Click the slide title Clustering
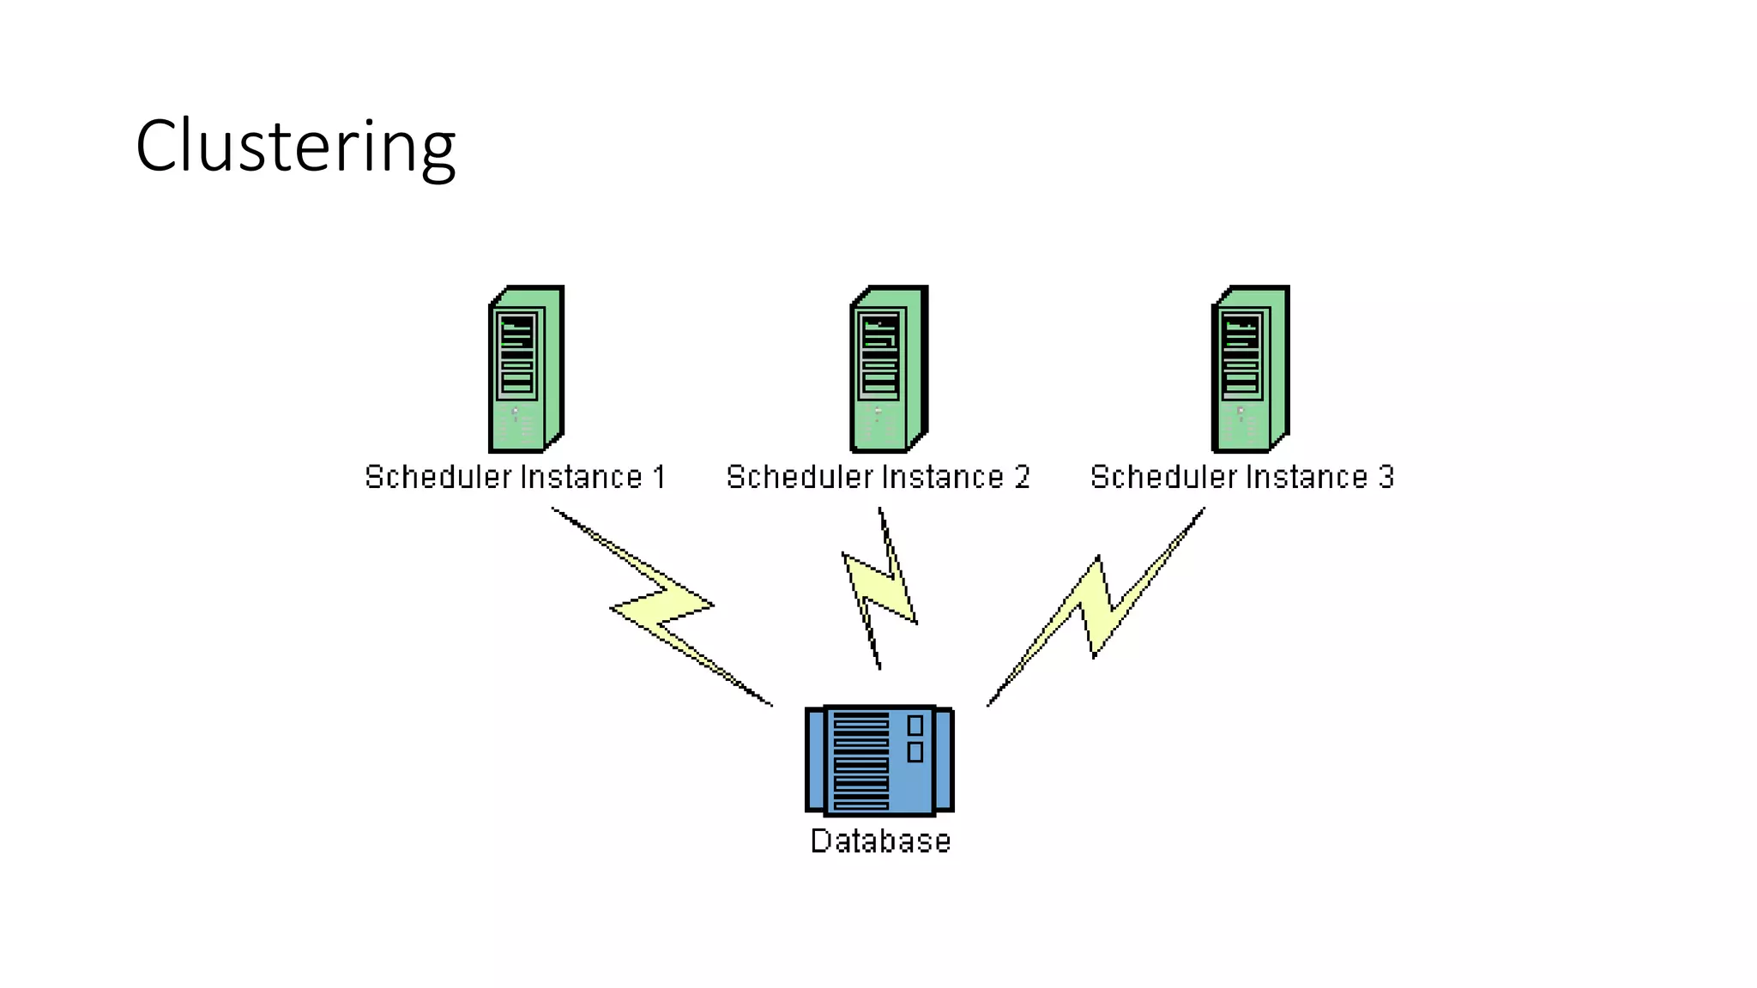click(295, 147)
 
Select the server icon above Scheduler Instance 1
click(525, 369)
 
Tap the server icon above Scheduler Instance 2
click(888, 369)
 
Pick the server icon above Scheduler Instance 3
click(1250, 369)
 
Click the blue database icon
click(879, 760)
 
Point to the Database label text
click(880, 841)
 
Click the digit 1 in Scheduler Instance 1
click(660, 477)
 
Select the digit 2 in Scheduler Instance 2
click(1022, 477)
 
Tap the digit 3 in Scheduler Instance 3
click(1386, 477)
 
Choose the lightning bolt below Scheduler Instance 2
click(880, 587)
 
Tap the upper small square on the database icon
click(915, 725)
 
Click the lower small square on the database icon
click(915, 752)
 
